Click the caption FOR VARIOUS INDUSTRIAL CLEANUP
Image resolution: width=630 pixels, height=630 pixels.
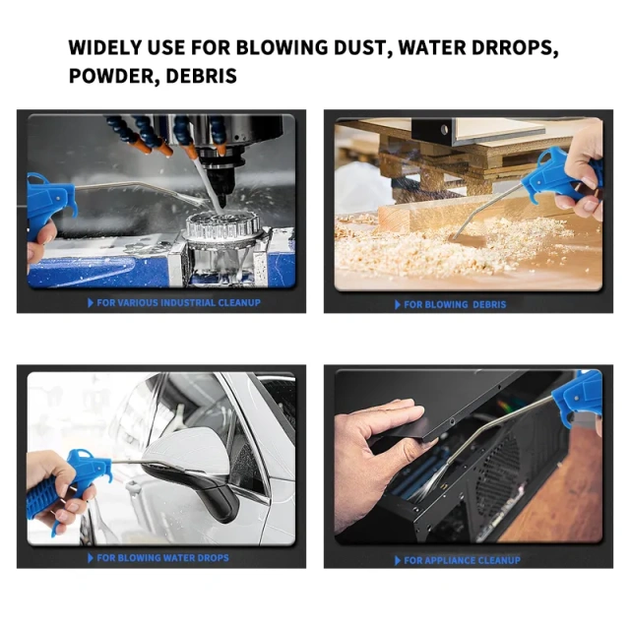pos(178,302)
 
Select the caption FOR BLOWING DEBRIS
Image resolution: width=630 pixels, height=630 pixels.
pos(455,304)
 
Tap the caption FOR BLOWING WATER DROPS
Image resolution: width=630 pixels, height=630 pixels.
pos(162,558)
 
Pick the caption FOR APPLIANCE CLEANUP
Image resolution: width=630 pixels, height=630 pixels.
pos(463,560)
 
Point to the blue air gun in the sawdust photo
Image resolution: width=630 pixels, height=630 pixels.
pos(564,177)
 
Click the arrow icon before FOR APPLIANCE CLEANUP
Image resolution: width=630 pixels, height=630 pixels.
pos(398,560)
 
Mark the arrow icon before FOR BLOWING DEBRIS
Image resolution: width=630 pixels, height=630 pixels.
pos(398,304)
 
